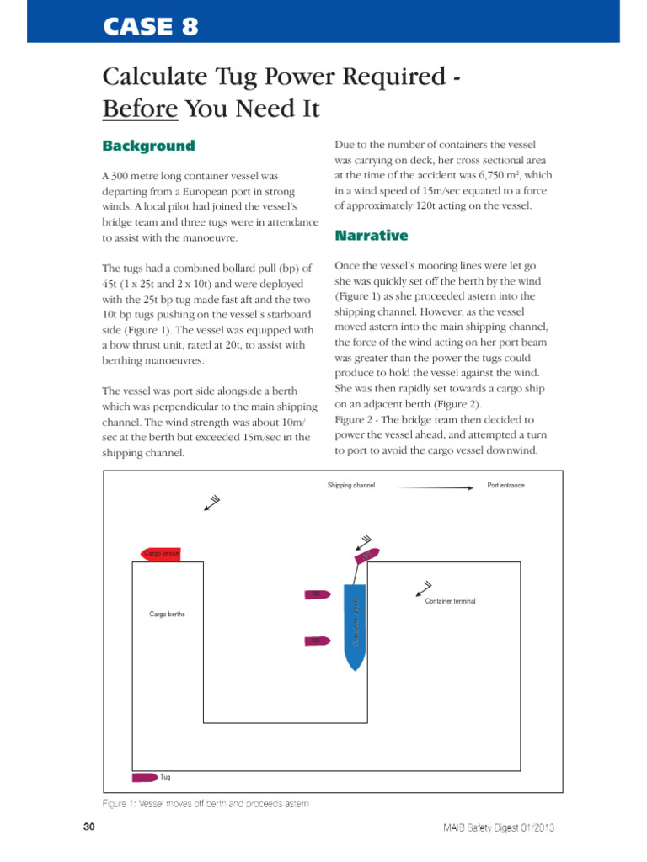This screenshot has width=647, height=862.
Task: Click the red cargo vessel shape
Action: tap(159, 553)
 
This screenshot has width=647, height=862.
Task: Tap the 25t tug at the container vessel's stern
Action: tap(366, 555)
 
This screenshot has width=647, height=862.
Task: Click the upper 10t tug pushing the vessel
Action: tap(315, 594)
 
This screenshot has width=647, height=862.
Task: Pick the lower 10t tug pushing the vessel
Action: tap(315, 641)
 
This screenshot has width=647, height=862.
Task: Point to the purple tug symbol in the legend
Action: tap(144, 777)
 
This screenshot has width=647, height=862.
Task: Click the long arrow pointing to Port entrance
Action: tap(433, 486)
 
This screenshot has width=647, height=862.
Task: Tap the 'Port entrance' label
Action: tap(505, 486)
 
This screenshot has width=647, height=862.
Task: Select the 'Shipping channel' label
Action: tap(351, 486)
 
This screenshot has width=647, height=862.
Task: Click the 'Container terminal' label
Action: tap(450, 602)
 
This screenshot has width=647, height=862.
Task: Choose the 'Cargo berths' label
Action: tap(167, 615)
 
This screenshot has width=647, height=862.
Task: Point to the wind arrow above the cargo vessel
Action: tap(211, 503)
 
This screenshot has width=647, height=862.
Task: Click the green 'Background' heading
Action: tap(148, 146)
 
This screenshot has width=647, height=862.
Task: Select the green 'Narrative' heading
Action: tap(371, 235)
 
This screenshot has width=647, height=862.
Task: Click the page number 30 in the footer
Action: tap(89, 828)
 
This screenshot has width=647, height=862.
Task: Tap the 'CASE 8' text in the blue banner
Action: tap(151, 27)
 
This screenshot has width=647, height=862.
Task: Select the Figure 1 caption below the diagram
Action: tap(206, 803)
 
